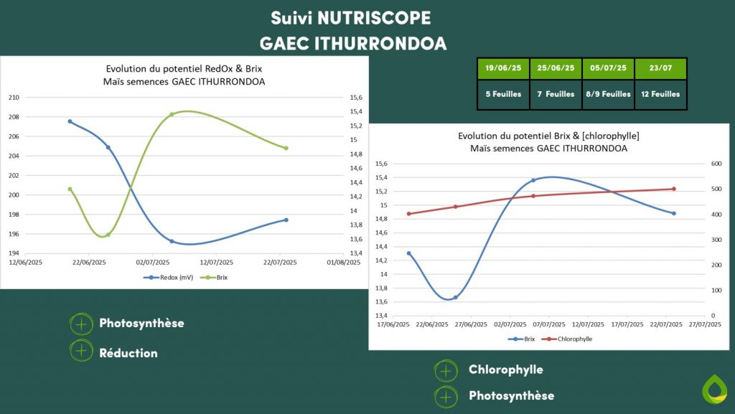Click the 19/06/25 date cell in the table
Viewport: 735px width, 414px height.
point(503,68)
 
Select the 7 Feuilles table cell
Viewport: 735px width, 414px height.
point(556,94)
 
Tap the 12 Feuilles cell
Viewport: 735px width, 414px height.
point(660,94)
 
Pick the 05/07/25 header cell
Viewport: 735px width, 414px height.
point(608,68)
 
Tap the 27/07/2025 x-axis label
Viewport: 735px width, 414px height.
point(705,325)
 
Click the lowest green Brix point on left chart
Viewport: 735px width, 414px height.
point(108,235)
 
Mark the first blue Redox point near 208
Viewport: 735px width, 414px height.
point(70,121)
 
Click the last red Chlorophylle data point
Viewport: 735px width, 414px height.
point(674,189)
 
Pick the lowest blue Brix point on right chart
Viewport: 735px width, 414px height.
point(455,297)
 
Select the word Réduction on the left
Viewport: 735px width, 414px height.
point(128,353)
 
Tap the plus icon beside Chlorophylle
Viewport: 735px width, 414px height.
point(446,371)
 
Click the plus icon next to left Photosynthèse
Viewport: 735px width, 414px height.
point(81,324)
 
